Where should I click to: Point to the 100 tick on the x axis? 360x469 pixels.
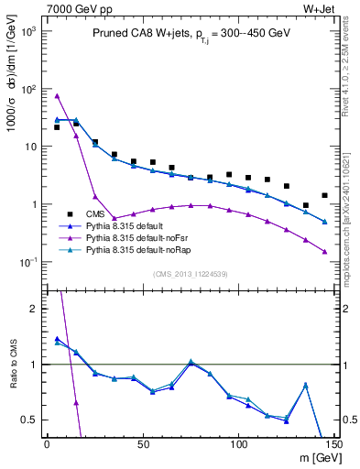point(238,444)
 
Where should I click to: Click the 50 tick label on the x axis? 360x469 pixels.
point(143,444)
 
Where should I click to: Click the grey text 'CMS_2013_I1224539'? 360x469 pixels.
point(191,273)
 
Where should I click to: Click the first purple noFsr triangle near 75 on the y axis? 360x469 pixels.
point(57,96)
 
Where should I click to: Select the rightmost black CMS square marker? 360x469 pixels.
point(324,195)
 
